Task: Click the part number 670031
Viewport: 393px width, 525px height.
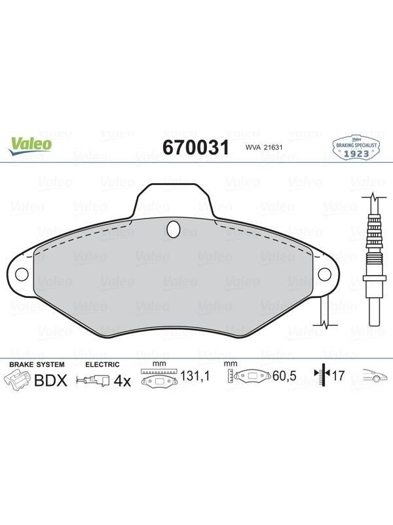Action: coord(196,147)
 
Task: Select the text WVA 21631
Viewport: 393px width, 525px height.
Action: coord(259,147)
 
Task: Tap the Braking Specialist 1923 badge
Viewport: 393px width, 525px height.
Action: coord(356,148)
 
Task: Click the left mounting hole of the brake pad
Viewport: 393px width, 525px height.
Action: coord(22,274)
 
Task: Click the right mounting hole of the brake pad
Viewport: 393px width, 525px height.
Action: coord(324,274)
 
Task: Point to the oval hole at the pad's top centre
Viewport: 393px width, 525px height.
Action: coord(174,229)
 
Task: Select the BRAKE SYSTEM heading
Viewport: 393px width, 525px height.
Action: coord(37,364)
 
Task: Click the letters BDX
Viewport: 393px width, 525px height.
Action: coord(51,381)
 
